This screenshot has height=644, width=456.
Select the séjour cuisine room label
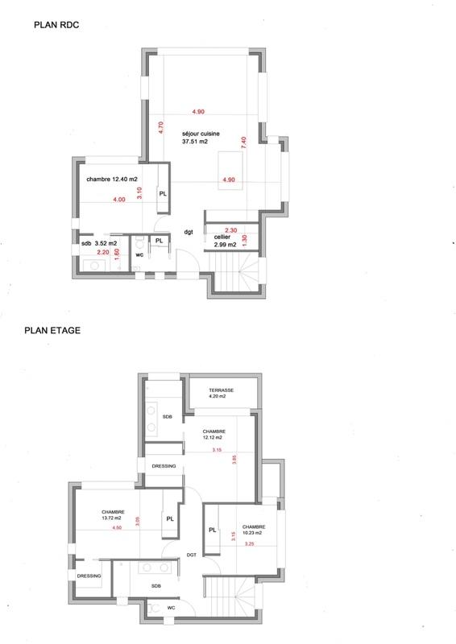point(201,134)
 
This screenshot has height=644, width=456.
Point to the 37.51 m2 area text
point(195,142)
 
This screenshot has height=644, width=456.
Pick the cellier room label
point(222,238)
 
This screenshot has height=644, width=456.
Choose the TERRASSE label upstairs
point(221,390)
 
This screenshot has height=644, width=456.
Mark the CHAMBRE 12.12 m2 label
point(213,435)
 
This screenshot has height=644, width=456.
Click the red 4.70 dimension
point(160,126)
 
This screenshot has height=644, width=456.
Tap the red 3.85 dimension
point(234,462)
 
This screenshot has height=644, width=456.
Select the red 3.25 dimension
point(249,545)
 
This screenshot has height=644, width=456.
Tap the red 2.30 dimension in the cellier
point(230,229)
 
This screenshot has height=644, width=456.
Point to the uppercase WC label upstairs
point(172,608)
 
